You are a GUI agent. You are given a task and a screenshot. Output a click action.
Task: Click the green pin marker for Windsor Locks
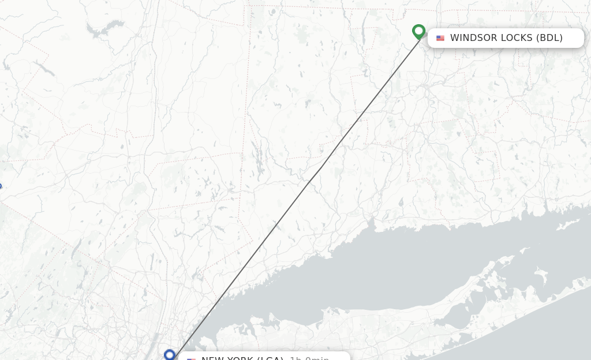pos(419,31)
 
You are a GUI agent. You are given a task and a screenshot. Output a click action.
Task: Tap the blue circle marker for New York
pos(169,355)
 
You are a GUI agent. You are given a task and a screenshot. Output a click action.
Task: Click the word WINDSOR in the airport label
pos(474,38)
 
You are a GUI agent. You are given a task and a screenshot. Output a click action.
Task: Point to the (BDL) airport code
pos(549,38)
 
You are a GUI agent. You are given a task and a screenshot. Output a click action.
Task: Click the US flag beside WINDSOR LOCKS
pos(440,38)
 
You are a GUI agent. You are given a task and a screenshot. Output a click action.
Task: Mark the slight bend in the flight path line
pos(321,167)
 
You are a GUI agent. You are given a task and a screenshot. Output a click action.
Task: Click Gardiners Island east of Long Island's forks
pos(541,272)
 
